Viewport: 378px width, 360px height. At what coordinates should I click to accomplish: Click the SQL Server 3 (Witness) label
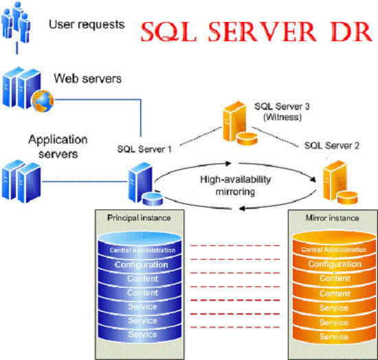[x=282, y=112]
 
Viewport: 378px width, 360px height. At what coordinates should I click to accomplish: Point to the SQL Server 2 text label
[x=331, y=146]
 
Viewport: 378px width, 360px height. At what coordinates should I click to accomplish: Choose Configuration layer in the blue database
[x=142, y=265]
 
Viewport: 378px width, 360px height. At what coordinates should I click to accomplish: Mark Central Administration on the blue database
[x=142, y=250]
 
